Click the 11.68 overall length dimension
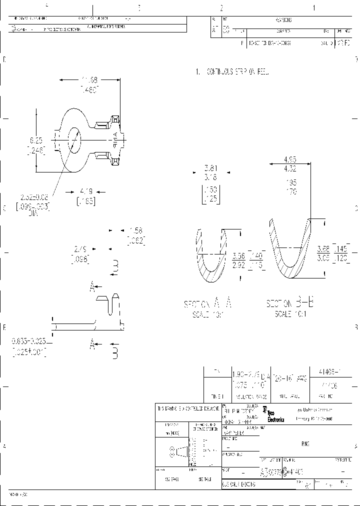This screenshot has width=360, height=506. (90, 79)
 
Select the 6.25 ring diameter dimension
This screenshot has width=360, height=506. (36, 141)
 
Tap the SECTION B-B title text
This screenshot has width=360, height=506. (290, 303)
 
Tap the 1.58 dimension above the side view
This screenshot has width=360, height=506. (135, 230)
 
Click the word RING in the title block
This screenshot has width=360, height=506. (304, 443)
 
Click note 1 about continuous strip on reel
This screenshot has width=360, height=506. (233, 72)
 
